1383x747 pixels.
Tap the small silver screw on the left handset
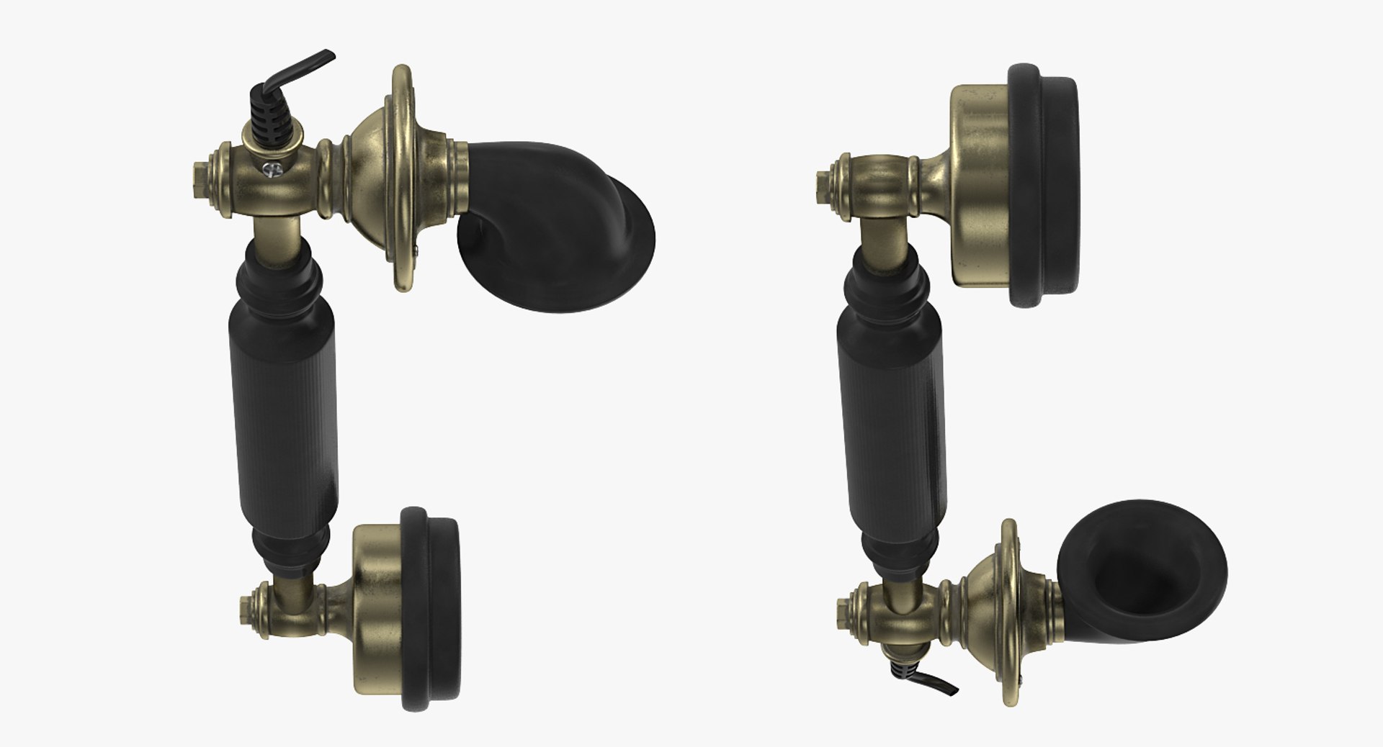pyautogui.click(x=272, y=170)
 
